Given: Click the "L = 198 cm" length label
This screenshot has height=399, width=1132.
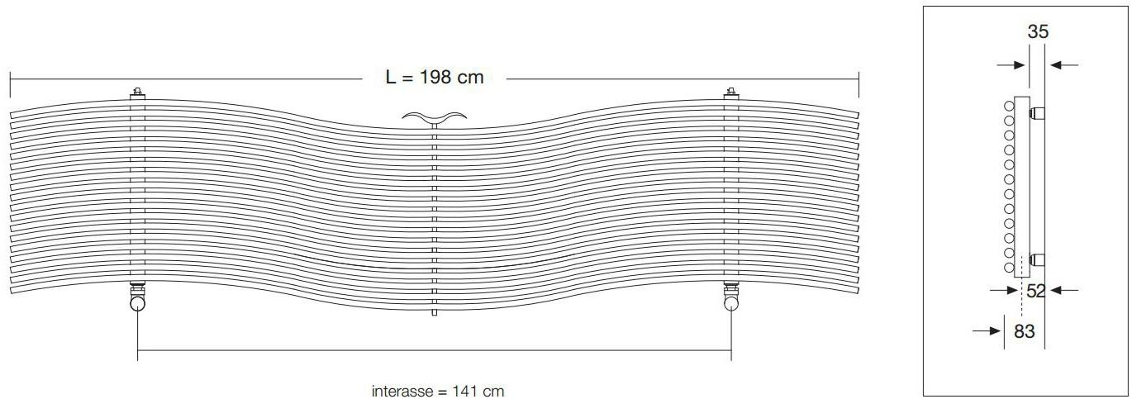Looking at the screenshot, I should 435,78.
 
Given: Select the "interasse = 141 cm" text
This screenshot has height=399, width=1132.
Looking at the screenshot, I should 438,391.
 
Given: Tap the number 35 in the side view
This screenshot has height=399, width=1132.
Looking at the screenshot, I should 1038,32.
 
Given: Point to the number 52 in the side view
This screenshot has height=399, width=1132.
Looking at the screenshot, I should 1036,291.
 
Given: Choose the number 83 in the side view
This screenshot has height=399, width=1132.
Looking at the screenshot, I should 1025,331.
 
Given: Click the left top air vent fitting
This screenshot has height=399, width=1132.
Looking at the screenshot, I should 137,93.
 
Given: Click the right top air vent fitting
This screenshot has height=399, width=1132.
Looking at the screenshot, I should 730,93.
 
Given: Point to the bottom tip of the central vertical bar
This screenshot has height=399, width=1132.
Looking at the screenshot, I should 435,315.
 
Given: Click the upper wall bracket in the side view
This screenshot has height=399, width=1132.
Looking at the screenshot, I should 1038,110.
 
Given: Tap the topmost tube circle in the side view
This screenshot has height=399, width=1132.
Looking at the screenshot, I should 1009,106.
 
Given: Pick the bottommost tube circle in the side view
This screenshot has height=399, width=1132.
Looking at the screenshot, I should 1009,267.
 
